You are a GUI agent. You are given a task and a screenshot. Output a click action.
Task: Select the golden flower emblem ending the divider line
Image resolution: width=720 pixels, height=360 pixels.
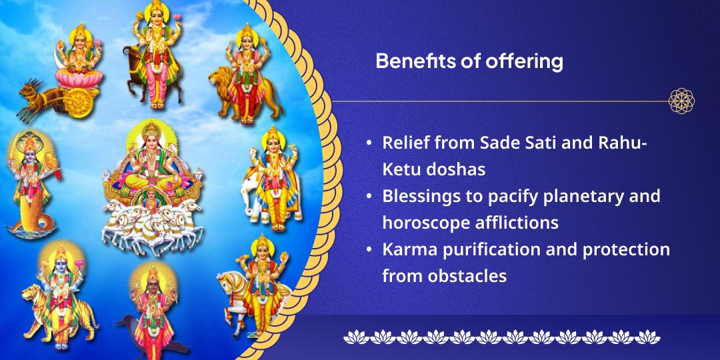tap(682, 101)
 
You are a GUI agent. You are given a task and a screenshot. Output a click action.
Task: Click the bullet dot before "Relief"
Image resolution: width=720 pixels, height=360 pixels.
tap(369, 145)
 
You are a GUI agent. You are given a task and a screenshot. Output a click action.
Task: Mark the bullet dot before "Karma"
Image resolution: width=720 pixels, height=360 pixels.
tap(369, 249)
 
